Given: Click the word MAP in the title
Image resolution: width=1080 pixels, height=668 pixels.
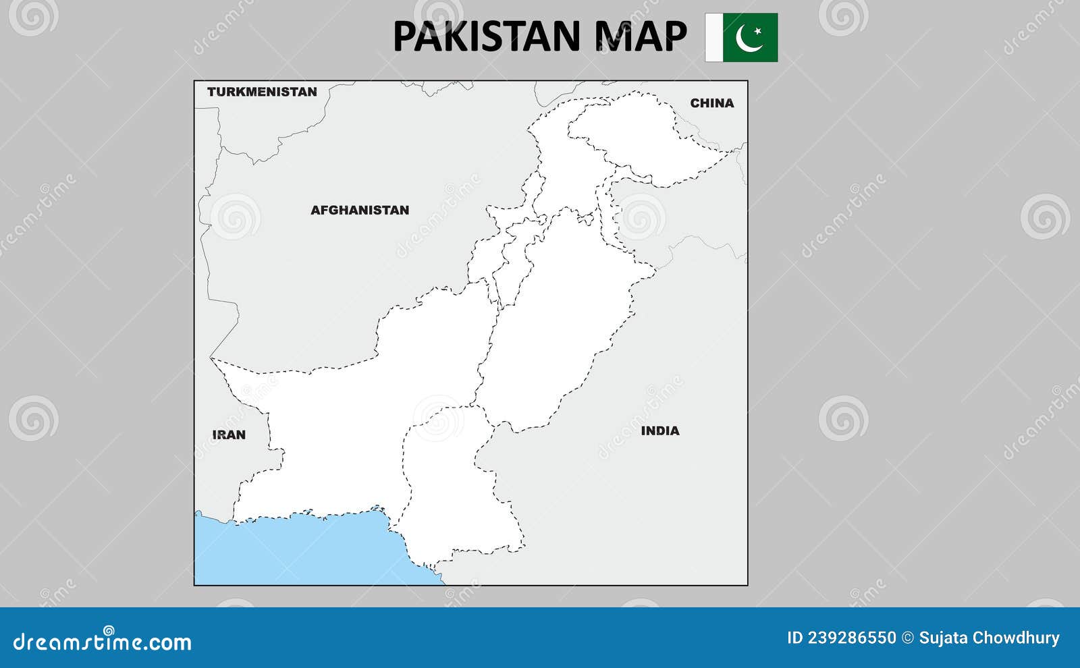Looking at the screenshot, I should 641,36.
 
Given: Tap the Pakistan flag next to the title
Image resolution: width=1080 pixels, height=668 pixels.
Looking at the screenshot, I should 741,37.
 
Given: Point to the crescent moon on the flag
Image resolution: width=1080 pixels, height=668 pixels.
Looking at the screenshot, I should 747,38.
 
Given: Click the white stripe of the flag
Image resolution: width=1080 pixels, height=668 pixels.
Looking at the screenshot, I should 713,37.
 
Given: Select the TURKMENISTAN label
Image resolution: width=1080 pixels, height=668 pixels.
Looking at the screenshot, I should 262,92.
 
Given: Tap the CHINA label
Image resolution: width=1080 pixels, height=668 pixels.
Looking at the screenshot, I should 711,103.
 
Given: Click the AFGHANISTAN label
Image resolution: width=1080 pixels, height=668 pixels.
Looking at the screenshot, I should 360,210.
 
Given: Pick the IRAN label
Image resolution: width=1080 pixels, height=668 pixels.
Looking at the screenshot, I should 229,435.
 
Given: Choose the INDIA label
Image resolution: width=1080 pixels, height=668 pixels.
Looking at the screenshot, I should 660,430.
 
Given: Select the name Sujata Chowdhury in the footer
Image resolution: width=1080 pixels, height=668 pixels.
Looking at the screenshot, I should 989,638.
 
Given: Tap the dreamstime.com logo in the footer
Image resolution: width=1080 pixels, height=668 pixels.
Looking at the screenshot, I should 103,641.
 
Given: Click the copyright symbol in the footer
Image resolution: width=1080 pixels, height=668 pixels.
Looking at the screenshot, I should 908,638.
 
